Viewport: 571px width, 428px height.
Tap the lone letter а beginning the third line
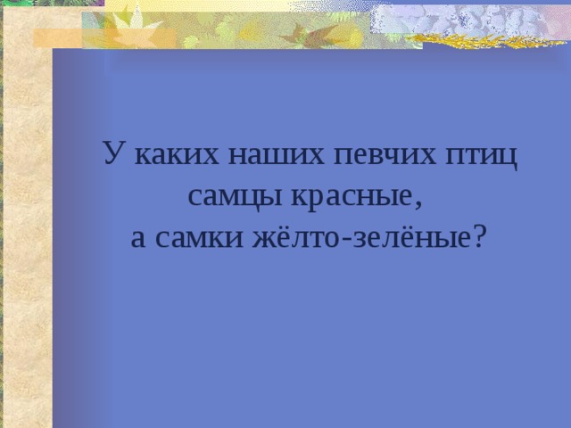coord(138,236)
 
